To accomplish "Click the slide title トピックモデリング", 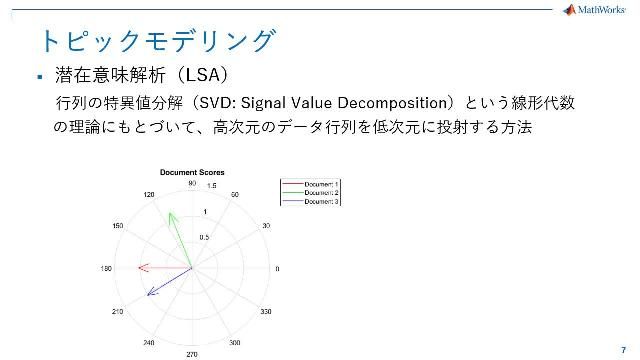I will click(x=156, y=40).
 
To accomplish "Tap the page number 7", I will click(x=623, y=338).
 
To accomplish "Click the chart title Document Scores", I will click(x=192, y=173).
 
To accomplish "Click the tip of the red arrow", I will click(x=139, y=268).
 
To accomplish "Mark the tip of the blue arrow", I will click(x=148, y=296).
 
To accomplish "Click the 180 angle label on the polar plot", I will click(x=105, y=269).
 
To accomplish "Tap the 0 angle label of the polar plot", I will click(x=277, y=269).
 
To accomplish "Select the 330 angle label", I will click(x=266, y=312).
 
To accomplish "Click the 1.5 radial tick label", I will click(x=211, y=186).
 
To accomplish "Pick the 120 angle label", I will click(x=149, y=194).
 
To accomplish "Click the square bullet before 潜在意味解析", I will click(x=38, y=77).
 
